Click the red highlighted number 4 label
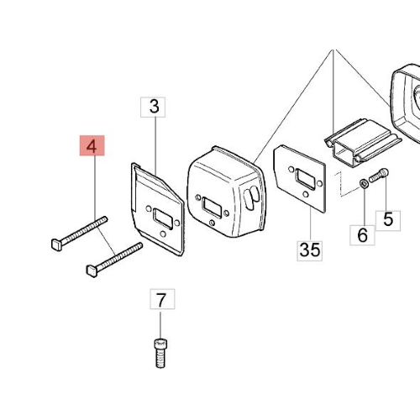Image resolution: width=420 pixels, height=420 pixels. click(92, 145)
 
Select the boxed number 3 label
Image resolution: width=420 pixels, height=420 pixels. click(153, 108)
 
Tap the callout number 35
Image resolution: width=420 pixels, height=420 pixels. click(310, 250)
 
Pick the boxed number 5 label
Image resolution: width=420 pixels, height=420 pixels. click(388, 221)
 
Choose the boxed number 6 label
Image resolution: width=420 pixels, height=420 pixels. click(362, 235)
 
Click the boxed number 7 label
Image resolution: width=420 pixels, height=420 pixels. click(162, 299)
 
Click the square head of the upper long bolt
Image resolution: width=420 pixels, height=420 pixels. click(57, 244)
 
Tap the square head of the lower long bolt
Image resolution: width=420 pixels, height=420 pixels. click(92, 270)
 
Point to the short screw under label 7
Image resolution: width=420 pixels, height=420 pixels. click(160, 353)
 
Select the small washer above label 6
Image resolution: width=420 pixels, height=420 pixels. click(363, 184)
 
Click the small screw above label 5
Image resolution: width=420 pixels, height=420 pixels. click(379, 175)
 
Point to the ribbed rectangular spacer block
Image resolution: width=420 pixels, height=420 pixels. click(363, 142)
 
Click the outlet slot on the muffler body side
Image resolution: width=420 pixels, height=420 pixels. click(252, 197)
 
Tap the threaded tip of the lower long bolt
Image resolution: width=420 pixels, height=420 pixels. click(139, 245)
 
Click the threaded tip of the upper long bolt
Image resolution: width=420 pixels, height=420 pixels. click(104, 219)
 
